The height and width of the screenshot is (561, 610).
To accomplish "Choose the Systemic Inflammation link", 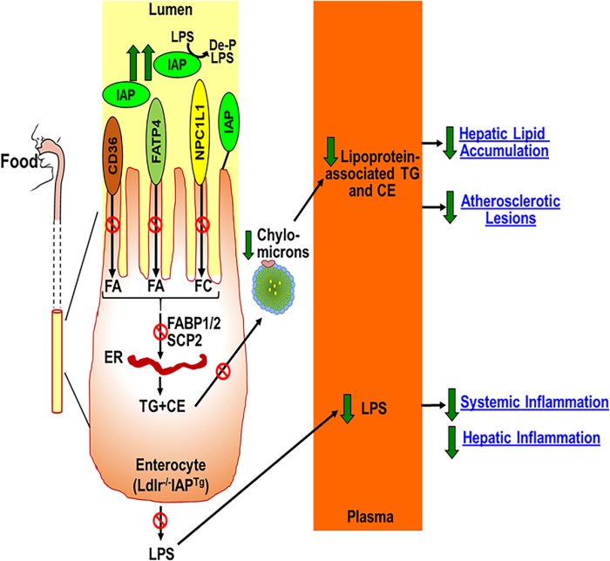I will click(533, 402).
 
